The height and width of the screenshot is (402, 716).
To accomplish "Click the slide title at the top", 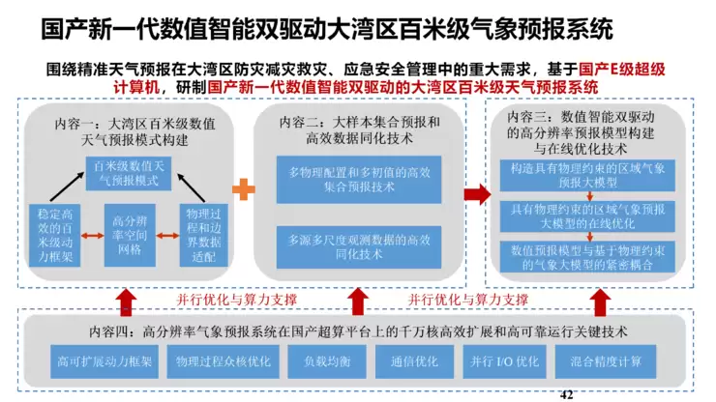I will point(327,27).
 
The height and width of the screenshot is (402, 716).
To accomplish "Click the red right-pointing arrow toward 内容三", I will point(475,193).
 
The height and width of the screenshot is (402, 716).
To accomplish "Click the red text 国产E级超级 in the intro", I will point(621,71).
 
